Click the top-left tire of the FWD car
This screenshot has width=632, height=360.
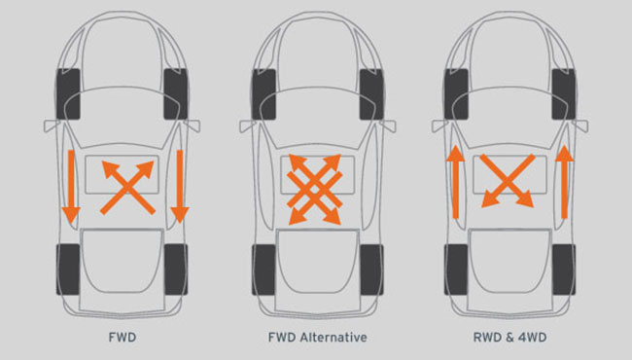[x=72, y=93]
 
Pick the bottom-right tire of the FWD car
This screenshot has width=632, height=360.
[x=177, y=270]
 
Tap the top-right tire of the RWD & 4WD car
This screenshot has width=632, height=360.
[x=562, y=93]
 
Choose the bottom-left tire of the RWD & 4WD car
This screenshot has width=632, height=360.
[x=455, y=270]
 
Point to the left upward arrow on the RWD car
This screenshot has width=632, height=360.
[x=453, y=181]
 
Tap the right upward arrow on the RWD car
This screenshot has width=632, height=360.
[x=565, y=181]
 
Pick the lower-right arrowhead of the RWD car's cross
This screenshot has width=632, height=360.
[x=526, y=200]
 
